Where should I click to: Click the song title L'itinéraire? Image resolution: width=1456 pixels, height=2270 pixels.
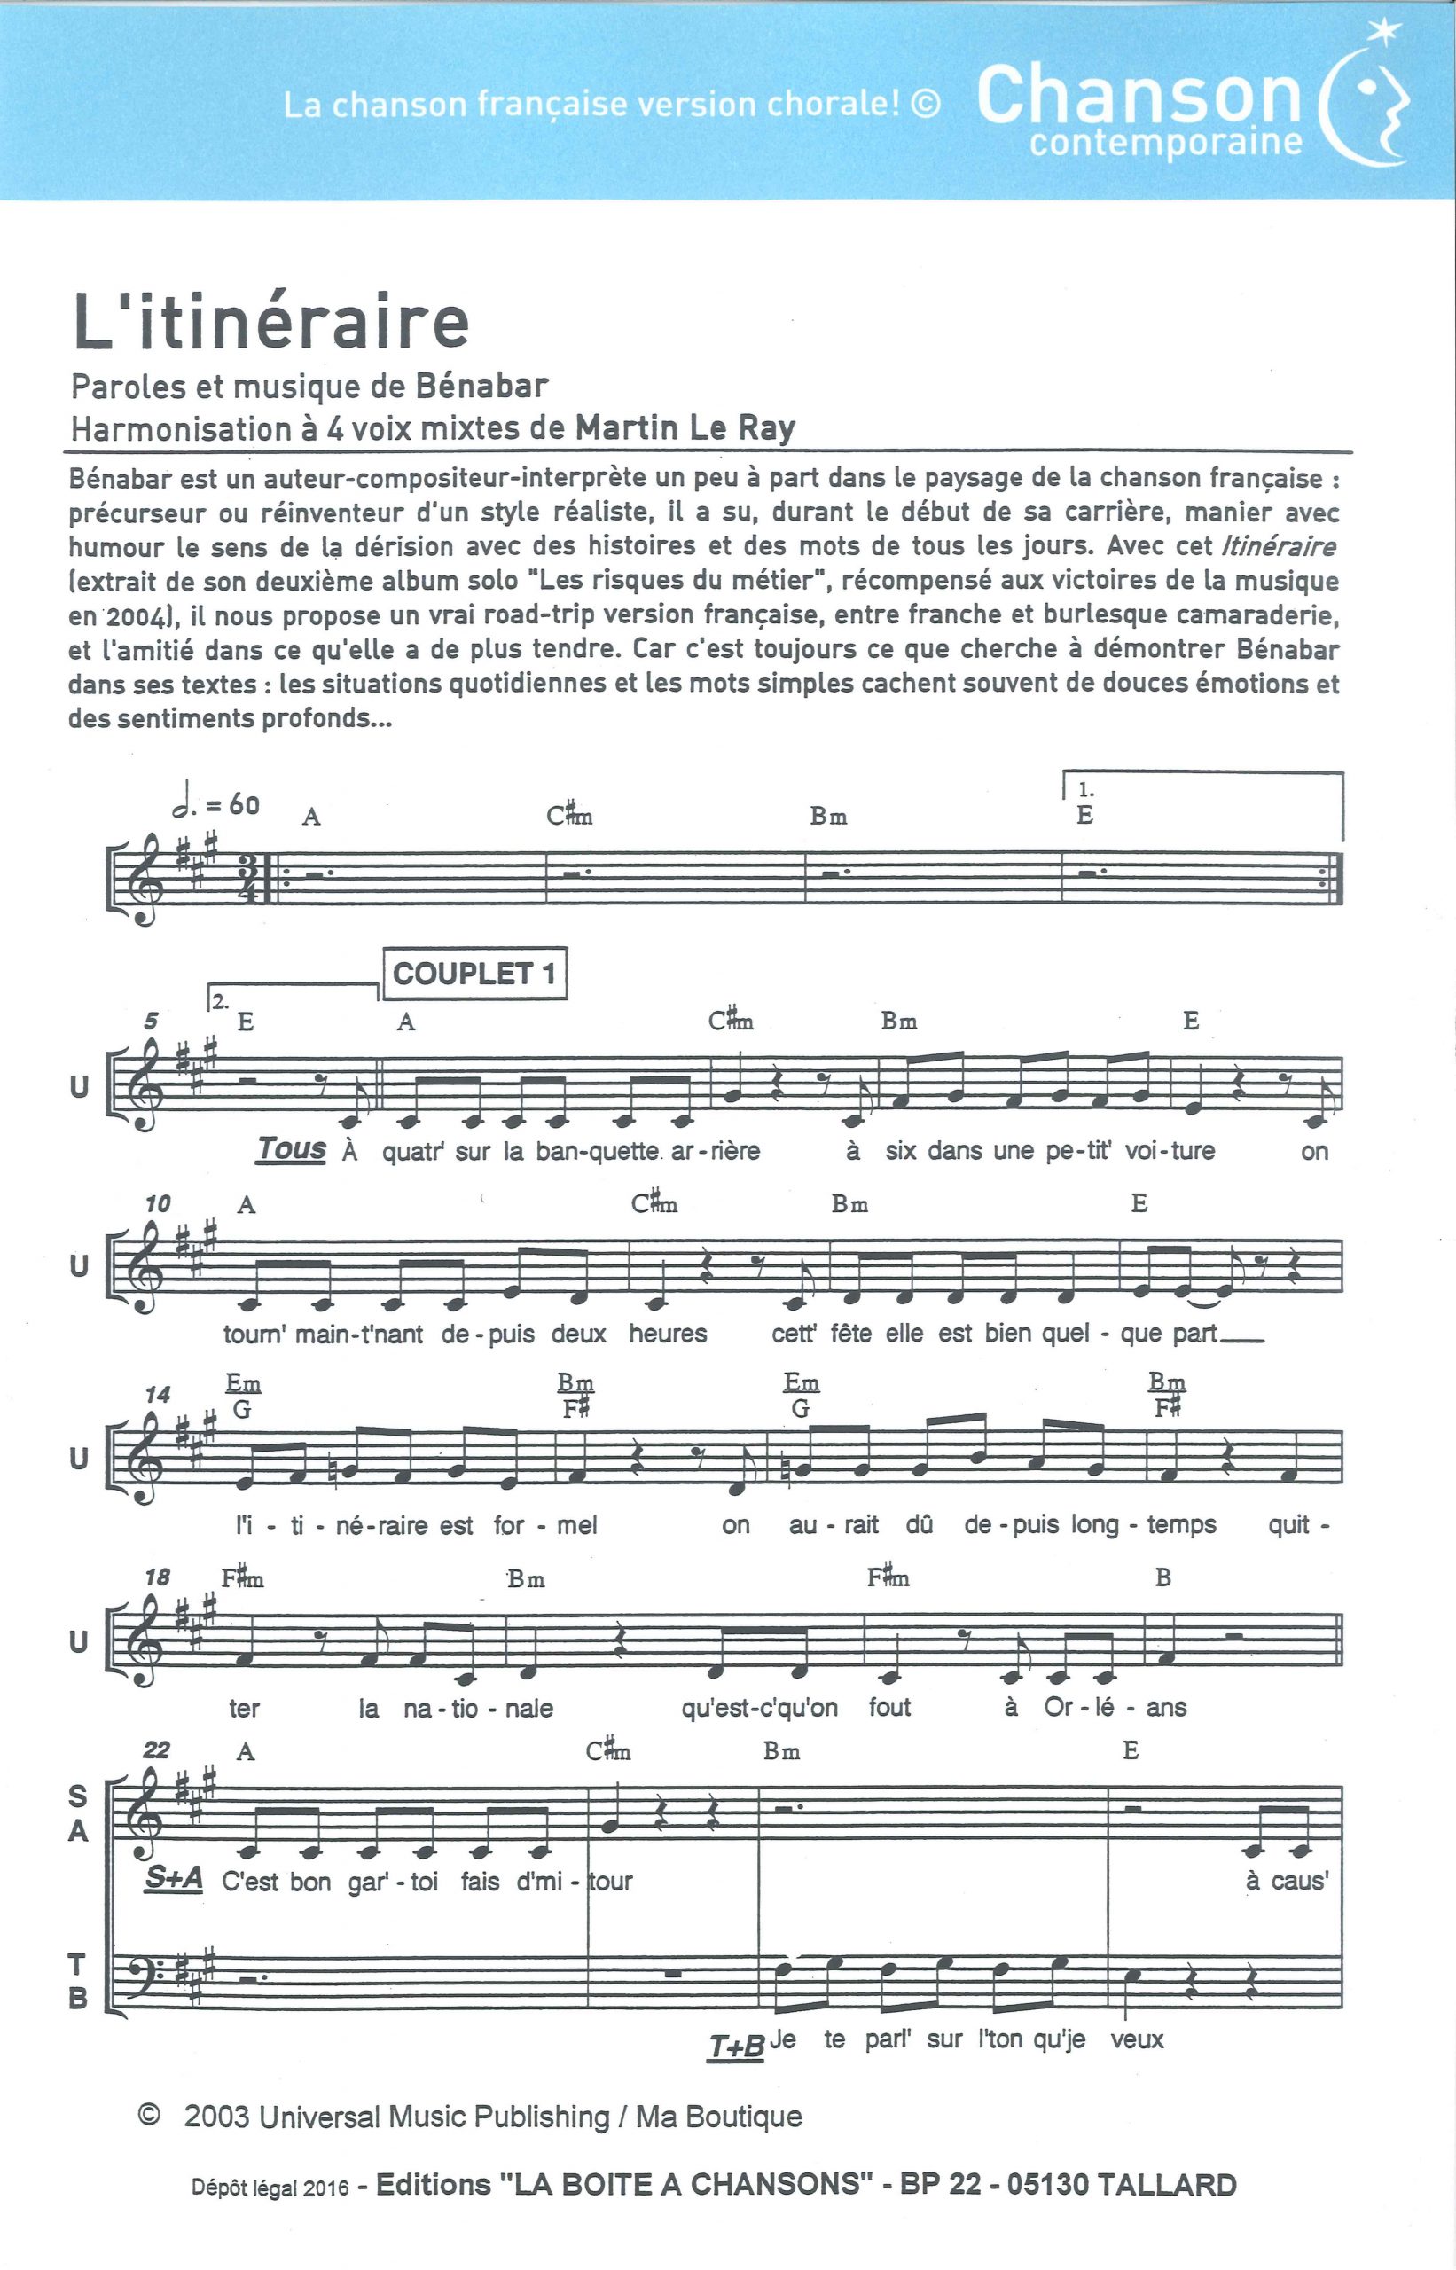click(271, 324)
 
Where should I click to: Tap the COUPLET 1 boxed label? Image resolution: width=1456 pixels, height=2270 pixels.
click(474, 973)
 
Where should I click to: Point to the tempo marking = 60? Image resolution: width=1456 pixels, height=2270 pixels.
click(216, 804)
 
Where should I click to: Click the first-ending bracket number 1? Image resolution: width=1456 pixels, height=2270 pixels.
click(1085, 789)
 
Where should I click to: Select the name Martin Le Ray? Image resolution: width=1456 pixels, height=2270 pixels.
click(685, 428)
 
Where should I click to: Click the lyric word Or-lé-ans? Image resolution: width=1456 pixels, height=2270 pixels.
click(1115, 1708)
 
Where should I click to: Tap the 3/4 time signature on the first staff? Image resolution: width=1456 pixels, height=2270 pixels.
click(248, 879)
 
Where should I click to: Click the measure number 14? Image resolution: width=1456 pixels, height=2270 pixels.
click(157, 1394)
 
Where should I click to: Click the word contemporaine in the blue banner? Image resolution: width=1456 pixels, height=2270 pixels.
click(1166, 143)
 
